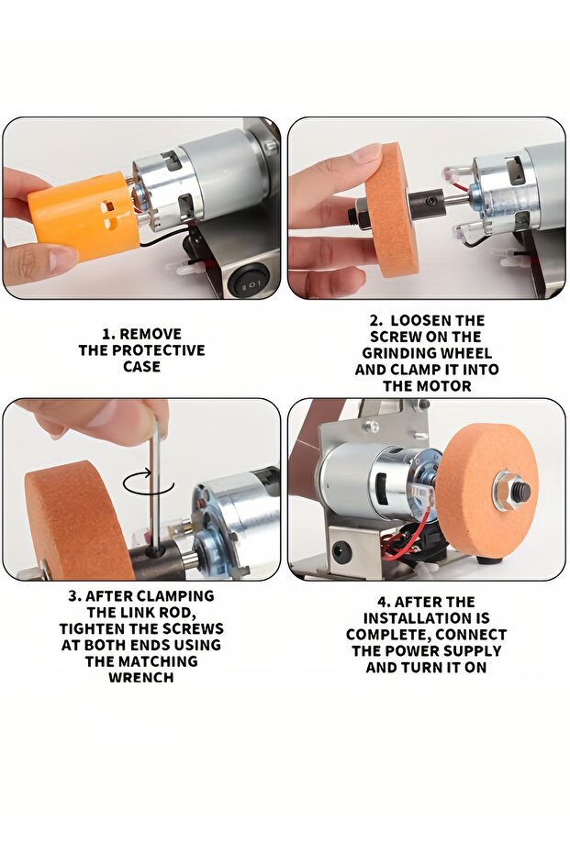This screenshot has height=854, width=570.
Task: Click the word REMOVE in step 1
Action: [x=150, y=334]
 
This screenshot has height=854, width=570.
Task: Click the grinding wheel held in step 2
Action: [x=391, y=210]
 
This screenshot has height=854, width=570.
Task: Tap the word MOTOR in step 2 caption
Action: [x=444, y=386]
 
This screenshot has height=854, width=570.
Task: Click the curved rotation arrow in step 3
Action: [x=148, y=482]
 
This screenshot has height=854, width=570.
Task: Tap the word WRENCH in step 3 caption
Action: [x=141, y=678]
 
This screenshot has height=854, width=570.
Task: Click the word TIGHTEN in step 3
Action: [x=92, y=629]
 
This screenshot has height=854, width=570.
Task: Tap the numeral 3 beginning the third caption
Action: [x=73, y=596]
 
